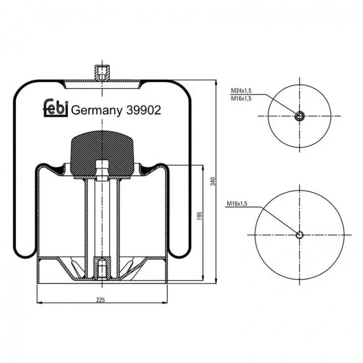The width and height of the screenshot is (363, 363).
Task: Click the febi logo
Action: click(56, 108)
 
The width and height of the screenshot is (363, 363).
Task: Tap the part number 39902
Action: click(144, 110)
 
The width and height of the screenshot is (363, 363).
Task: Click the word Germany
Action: click(96, 111)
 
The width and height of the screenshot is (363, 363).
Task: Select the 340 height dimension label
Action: click(213, 181)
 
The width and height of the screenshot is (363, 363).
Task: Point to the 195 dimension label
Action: click(200, 216)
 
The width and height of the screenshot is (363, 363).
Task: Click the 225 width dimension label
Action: click(100, 300)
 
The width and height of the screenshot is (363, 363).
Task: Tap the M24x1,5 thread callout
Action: click(241, 91)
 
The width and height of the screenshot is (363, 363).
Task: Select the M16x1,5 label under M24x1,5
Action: click(241, 99)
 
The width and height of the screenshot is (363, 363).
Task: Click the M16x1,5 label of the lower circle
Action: click(237, 204)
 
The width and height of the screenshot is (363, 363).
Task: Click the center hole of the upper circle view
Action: click(299, 116)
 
